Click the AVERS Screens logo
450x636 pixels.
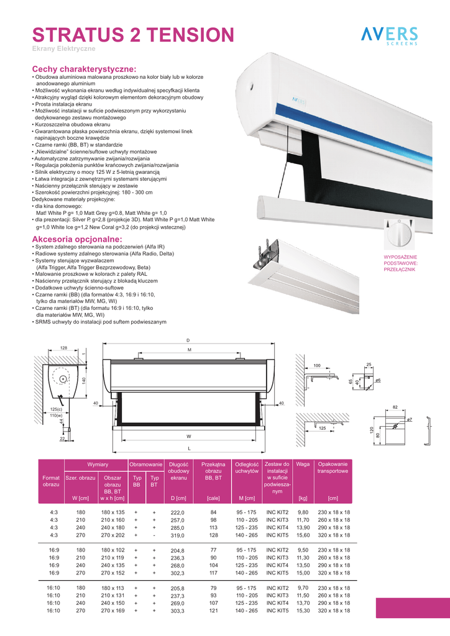(390, 36)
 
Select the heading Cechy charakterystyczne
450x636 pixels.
(84, 70)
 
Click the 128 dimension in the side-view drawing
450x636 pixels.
(63, 347)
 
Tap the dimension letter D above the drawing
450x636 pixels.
(188, 340)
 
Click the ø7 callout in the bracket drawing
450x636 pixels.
(410, 420)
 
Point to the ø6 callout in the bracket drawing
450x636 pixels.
(377, 379)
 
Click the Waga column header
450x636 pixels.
(303, 465)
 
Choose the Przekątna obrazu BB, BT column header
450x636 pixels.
(213, 471)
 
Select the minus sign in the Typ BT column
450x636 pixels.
(154, 535)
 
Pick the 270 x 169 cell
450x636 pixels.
(112, 611)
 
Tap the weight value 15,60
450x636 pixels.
(303, 535)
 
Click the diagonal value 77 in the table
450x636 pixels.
(213, 550)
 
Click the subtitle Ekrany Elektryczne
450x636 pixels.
(63, 48)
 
